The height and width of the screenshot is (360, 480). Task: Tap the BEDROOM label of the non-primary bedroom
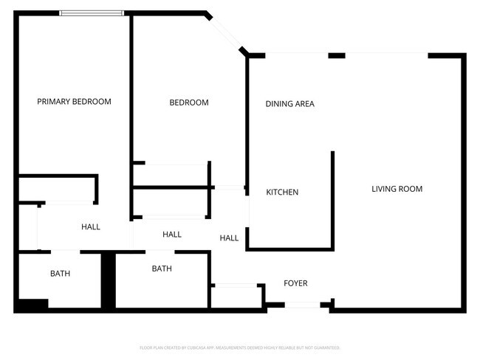189,103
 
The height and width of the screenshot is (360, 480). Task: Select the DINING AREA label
289,104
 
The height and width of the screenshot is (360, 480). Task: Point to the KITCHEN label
282,193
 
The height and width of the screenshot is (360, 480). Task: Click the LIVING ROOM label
397,189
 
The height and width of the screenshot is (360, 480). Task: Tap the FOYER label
295,283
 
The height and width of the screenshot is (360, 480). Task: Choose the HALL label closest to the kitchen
229,238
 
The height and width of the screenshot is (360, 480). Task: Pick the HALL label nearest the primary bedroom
91,227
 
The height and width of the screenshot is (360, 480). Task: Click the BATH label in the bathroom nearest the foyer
162,269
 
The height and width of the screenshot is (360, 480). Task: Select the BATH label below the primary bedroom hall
61,274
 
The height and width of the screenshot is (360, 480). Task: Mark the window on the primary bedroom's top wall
92,13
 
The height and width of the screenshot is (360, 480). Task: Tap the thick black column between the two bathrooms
108,280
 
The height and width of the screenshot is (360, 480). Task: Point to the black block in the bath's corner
31,305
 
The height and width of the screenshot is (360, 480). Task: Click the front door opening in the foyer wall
298,305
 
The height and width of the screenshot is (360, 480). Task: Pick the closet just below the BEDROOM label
171,176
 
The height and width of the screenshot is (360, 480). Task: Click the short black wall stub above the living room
337,55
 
